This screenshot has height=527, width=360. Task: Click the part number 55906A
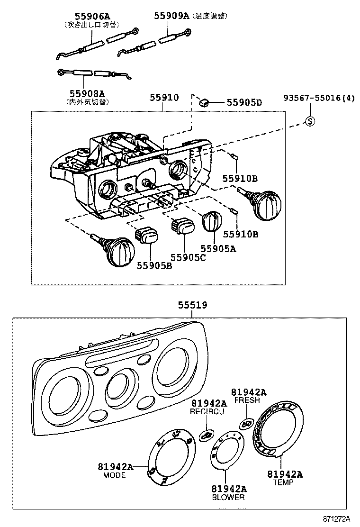[88, 16]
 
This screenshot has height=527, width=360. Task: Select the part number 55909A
[171, 16]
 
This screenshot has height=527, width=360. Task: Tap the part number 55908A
[87, 93]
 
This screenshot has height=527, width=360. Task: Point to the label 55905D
[244, 102]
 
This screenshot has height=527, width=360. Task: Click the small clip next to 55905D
[205, 101]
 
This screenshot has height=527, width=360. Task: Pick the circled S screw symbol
[310, 121]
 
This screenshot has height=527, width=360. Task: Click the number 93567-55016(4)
[318, 98]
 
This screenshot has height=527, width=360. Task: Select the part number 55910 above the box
[164, 98]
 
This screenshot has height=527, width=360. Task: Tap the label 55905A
[218, 248]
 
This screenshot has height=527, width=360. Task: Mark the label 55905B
[154, 266]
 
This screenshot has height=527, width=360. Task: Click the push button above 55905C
[182, 226]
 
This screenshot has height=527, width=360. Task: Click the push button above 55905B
[146, 235]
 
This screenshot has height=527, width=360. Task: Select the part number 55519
[193, 306]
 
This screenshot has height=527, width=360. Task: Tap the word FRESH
[247, 400]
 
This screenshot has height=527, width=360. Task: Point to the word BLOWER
[228, 497]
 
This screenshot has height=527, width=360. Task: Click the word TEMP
[283, 482]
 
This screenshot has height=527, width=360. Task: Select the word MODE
[114, 475]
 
